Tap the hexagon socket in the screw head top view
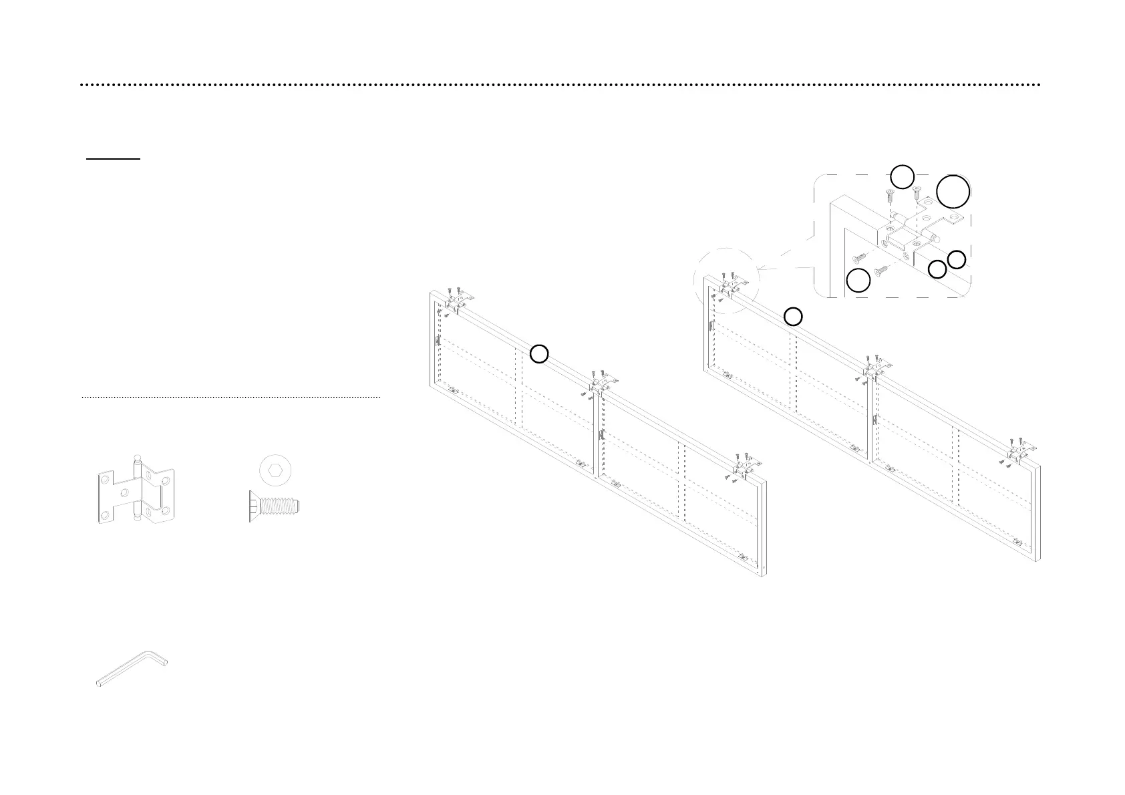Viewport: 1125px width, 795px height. click(275, 472)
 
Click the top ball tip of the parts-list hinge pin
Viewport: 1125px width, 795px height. click(137, 458)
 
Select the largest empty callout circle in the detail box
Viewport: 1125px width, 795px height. click(952, 192)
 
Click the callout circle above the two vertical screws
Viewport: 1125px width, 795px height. click(902, 177)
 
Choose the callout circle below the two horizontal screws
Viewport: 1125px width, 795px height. click(858, 281)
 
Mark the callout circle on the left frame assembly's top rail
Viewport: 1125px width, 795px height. click(539, 354)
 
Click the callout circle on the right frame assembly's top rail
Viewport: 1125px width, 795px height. click(793, 317)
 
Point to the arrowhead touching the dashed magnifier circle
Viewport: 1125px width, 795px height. click(760, 269)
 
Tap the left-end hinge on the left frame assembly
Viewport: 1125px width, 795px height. click(458, 300)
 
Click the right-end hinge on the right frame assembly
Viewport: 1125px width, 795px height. click(1022, 448)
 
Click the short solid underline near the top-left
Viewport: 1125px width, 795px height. click(113, 160)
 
